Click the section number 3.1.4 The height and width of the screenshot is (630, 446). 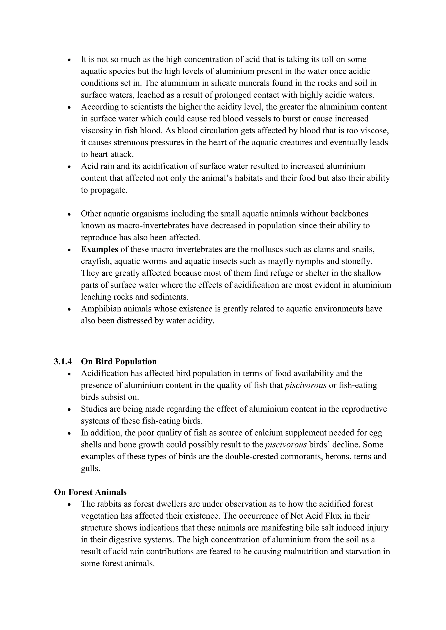(63, 362)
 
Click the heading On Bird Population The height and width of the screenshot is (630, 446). (119, 362)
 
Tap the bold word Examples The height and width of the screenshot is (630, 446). (100, 250)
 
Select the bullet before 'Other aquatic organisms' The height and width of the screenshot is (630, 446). (69, 214)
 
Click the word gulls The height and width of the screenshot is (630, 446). (90, 468)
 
